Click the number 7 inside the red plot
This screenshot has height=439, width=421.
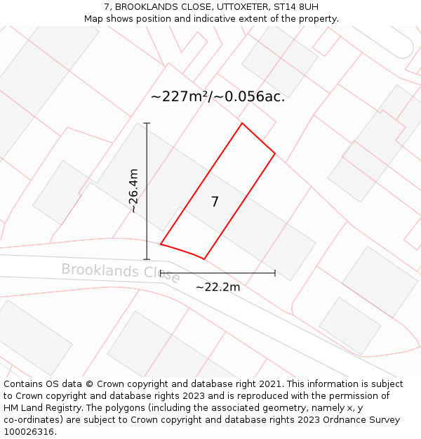click(215, 202)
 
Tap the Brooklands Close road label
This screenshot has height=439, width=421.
click(121, 272)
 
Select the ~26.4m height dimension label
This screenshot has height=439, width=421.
click(133, 191)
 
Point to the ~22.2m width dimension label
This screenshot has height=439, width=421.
click(218, 287)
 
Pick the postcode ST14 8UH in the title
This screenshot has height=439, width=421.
click(295, 7)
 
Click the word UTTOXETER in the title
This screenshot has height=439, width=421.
click(236, 7)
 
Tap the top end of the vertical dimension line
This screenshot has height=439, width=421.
click(147, 124)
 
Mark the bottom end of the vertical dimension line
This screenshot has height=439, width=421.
click(147, 259)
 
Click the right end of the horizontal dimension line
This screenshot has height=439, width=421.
click(274, 273)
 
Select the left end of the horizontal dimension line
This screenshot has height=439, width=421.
click(161, 273)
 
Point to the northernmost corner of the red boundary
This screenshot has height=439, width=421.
click(242, 124)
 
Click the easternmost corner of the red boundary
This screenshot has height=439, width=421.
click(274, 153)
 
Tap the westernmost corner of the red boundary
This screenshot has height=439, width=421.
click(161, 244)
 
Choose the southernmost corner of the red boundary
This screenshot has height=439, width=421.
click(203, 259)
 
